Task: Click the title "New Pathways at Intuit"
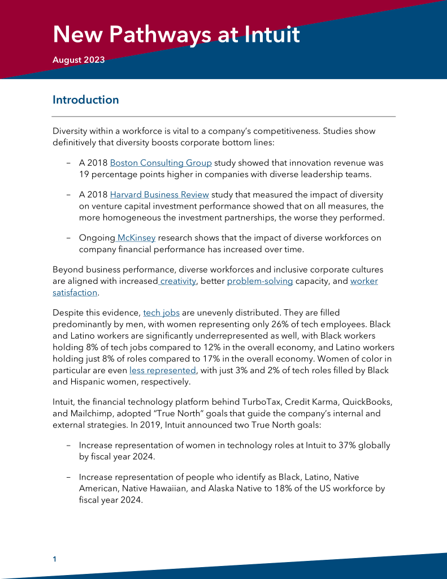coord(176,34)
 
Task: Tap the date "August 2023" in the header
coord(79,60)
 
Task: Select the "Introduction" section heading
coord(86,100)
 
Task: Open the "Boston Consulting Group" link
coord(161,163)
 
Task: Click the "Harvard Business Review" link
coord(159,195)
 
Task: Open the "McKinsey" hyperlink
coord(136,238)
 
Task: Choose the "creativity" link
coord(177,281)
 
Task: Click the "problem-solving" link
coord(260,281)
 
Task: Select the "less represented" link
coord(163,370)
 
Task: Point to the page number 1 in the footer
coord(55,559)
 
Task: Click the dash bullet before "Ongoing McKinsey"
coord(68,238)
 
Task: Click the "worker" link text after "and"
coord(364,281)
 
